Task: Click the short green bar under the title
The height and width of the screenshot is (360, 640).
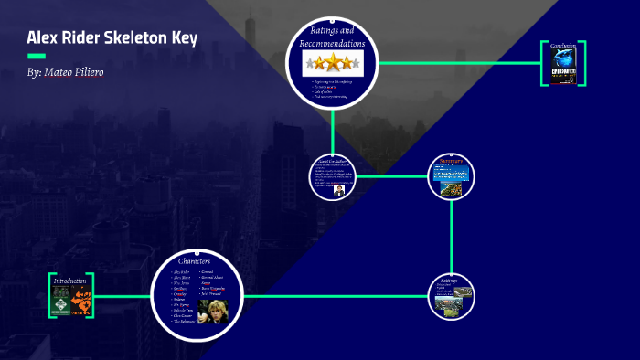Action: click(x=37, y=56)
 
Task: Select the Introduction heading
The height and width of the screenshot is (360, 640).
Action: click(x=70, y=281)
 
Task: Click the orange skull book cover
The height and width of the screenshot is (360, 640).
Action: click(x=81, y=300)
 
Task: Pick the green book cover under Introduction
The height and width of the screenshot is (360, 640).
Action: click(x=60, y=300)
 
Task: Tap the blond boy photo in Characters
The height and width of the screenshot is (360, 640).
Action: click(x=213, y=311)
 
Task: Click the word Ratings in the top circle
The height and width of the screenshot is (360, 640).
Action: click(x=333, y=32)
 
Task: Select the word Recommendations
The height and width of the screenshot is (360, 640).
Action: click(x=332, y=43)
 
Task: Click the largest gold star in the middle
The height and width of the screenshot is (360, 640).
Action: click(x=333, y=63)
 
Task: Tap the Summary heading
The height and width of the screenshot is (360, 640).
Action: click(x=453, y=160)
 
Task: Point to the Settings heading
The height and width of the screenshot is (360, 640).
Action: click(x=448, y=281)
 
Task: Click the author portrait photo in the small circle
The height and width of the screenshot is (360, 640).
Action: click(x=338, y=189)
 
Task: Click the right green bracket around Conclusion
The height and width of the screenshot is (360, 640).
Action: click(x=582, y=63)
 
